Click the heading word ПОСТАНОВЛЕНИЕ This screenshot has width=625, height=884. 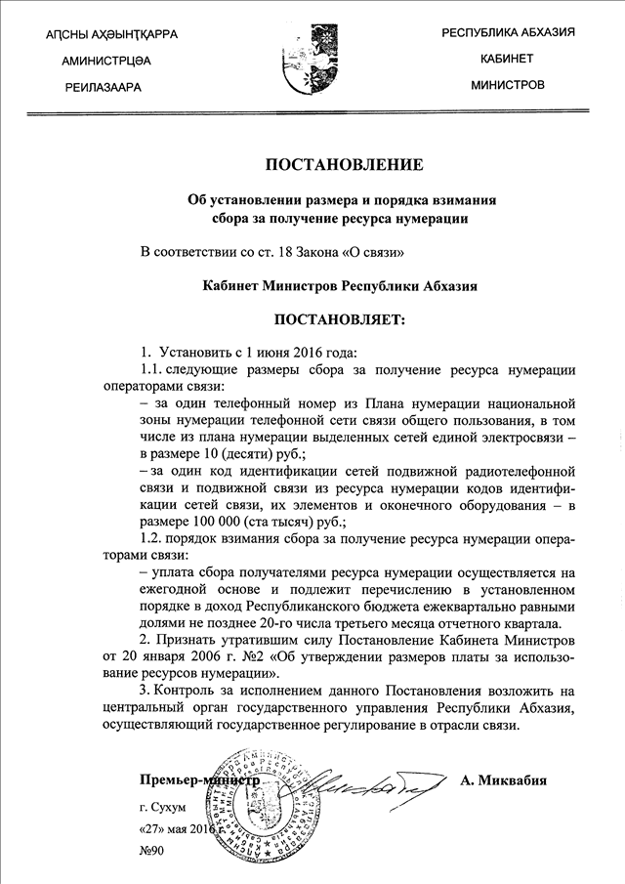tap(342, 164)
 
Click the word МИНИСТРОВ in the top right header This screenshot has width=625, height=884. tap(508, 85)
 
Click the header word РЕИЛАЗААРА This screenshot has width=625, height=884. tap(103, 87)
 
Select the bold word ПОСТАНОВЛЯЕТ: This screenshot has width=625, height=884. tap(340, 319)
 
